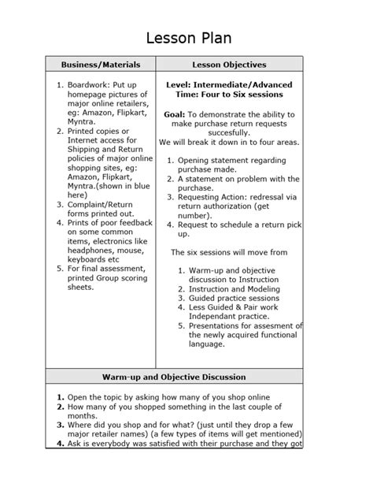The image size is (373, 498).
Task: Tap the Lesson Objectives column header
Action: point(239,65)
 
